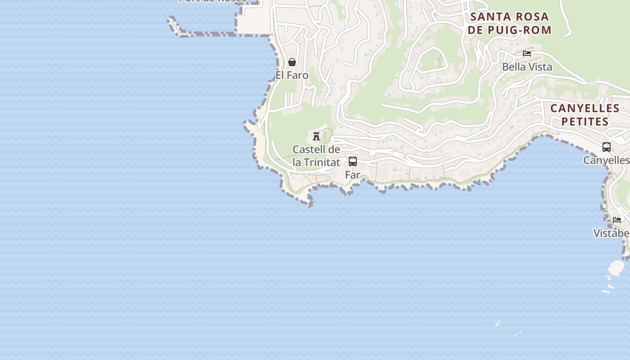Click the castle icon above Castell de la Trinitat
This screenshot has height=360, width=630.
[x=316, y=136]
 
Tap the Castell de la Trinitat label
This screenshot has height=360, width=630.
[x=316, y=156]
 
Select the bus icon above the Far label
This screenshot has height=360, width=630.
[x=353, y=161]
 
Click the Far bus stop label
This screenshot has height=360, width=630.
[x=353, y=175]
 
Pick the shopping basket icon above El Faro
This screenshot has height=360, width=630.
[x=292, y=62]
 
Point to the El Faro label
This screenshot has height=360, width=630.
[x=292, y=75]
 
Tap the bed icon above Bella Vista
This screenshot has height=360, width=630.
[x=527, y=54]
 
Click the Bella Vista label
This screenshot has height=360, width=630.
[x=527, y=67]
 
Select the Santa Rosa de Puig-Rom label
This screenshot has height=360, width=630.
[x=509, y=23]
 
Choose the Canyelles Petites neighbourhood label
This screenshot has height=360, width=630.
[x=585, y=115]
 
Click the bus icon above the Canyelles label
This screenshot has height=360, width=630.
[x=607, y=147]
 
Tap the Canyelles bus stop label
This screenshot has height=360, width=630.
[x=607, y=160]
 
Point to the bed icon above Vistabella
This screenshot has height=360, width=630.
[x=617, y=220]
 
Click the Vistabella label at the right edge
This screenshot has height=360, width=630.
[x=612, y=233]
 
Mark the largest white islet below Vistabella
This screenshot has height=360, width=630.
[x=616, y=267]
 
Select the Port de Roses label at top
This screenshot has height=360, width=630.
[x=213, y=1]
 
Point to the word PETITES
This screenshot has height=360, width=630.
[x=585, y=121]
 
